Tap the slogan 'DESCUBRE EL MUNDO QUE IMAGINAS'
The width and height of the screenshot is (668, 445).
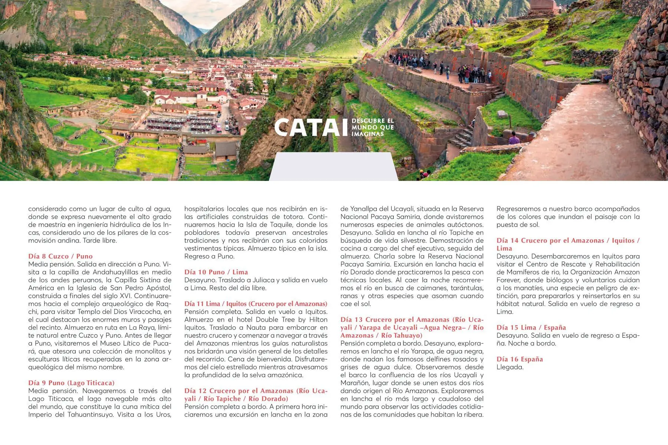pyautogui.click(x=373, y=127)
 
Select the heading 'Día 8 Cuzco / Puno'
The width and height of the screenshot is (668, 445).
pyautogui.click(x=60, y=256)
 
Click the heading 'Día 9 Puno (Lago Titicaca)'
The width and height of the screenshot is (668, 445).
pyautogui.click(x=71, y=383)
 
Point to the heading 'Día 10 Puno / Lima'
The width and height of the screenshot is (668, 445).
pyautogui.click(x=216, y=272)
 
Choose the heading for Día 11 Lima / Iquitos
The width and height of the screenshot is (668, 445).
pyautogui.click(x=256, y=304)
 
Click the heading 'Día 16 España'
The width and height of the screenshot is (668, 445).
pyautogui.click(x=520, y=359)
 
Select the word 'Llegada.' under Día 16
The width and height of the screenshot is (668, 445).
pyautogui.click(x=510, y=367)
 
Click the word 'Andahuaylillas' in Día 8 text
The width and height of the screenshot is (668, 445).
pyautogui.click(x=115, y=272)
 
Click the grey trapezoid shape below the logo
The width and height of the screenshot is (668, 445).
pyautogui.click(x=333, y=167)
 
